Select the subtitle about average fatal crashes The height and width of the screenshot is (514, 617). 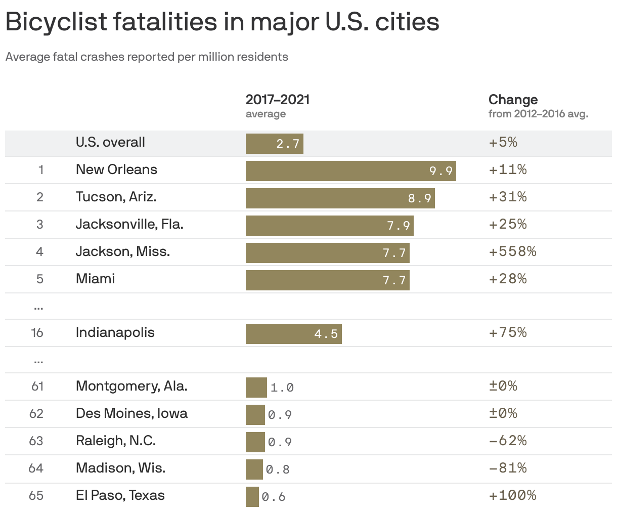pos(147,57)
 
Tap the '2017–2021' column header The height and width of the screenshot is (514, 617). pos(278,99)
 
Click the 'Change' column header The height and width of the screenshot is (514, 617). pos(513,99)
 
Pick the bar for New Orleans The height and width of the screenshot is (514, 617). pos(350,171)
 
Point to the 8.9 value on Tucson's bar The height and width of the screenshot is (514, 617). pos(420,198)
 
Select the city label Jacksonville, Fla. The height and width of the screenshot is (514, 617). pos(129,224)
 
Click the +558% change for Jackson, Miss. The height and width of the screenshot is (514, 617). pos(512,251)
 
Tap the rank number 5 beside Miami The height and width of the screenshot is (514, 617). pos(39,279)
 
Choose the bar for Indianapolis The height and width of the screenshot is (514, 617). pos(293,334)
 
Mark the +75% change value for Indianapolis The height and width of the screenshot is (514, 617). pos(508,332)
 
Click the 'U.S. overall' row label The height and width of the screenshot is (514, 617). pos(110,142)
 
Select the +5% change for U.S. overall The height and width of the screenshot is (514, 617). pos(503,142)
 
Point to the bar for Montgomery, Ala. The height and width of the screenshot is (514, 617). pos(256,388)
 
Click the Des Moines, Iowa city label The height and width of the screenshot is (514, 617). pos(131,413)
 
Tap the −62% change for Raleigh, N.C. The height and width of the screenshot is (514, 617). pos(508,441)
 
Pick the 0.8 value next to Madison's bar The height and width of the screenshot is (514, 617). pos(278,469)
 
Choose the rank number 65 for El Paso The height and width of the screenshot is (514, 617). pos(36,495)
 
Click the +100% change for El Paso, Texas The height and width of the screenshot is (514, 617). pos(512,495)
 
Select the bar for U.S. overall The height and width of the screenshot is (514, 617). pos(274,144)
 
